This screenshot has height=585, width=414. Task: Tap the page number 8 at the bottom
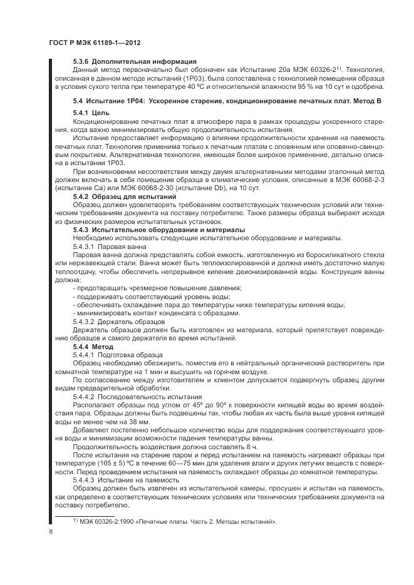(x=50, y=531)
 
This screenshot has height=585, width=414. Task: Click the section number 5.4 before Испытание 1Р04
(x=78, y=101)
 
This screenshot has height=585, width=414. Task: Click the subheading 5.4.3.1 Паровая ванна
(x=110, y=247)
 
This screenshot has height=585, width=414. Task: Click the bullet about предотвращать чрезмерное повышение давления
(x=158, y=288)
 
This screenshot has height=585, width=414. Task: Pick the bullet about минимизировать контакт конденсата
(x=156, y=312)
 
